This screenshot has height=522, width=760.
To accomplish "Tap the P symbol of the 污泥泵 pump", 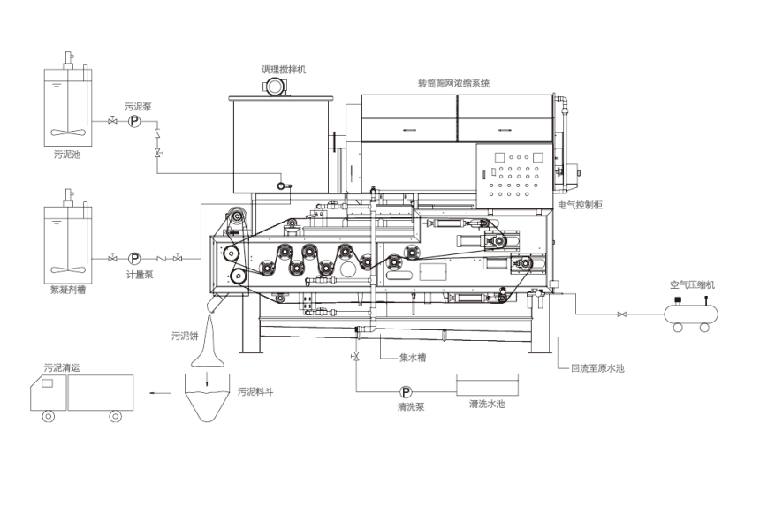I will (133, 122).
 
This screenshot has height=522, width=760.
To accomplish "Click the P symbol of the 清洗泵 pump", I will (406, 392).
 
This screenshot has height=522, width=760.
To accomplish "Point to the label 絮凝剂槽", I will (67, 289).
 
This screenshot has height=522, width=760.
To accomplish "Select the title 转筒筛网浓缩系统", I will (453, 83).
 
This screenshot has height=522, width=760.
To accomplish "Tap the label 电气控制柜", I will (580, 205).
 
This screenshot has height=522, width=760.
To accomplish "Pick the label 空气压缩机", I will (692, 284).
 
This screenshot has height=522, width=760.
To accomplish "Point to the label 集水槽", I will (414, 358).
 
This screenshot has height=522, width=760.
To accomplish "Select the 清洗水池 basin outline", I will (486, 386).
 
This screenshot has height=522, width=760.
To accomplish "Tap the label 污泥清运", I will (61, 366).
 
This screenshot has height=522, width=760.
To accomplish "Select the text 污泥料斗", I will (255, 390).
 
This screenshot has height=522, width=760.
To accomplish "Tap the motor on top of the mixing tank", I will (275, 87).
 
